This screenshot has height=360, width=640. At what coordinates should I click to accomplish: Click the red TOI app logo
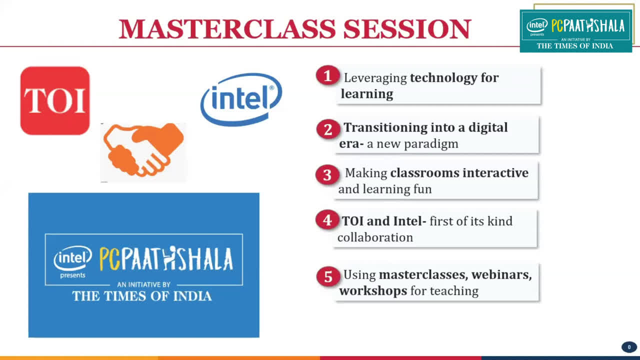coord(55,100)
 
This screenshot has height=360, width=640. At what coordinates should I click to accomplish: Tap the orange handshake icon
coord(143,149)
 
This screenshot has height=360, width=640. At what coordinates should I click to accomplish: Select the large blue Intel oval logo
coord(241,99)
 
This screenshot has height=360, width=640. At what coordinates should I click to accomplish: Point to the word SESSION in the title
coord(407,29)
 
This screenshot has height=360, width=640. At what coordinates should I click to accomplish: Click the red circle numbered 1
coord(327,75)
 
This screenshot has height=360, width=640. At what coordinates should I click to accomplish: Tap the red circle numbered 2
coord(328,129)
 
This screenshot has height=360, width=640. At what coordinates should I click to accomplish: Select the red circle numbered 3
coord(327,174)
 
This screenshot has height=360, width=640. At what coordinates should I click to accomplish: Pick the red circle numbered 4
coord(327,219)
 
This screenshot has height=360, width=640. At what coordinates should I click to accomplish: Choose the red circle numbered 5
coord(328,276)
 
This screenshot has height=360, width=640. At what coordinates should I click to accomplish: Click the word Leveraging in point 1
coord(375,78)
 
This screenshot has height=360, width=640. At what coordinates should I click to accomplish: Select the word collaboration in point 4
coord(375,237)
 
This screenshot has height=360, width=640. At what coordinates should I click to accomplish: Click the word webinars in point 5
coord(501,274)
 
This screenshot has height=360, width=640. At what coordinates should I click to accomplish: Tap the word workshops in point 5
coord(373,291)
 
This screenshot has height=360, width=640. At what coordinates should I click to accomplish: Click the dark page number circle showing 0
coord(629,347)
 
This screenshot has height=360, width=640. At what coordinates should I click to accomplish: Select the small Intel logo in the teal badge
coord(537,25)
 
